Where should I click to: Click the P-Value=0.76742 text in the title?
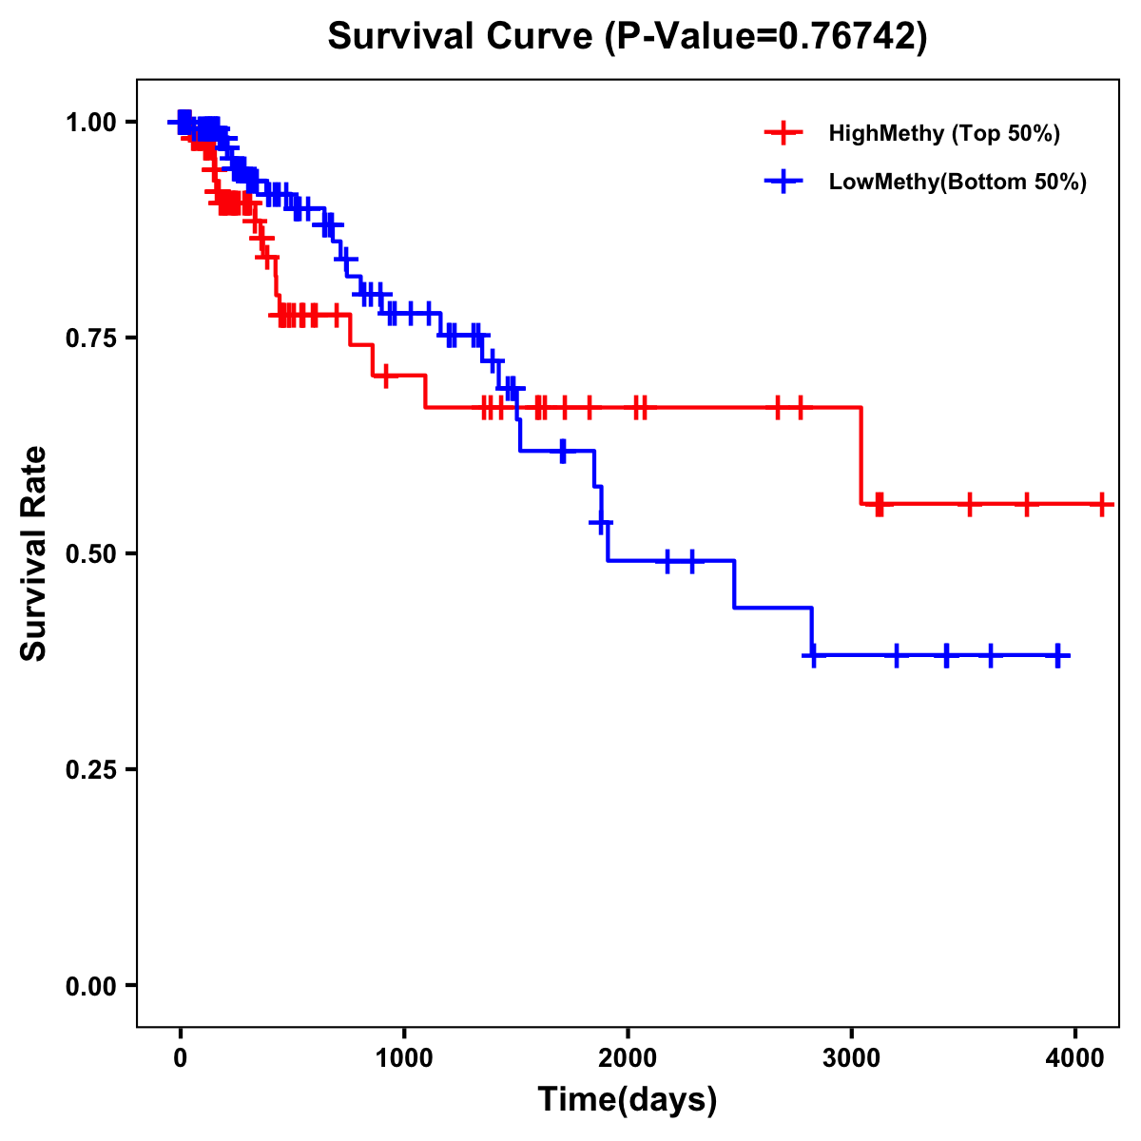pos(767,37)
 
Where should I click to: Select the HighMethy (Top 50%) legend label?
pos(943,133)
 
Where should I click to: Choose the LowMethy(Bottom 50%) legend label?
pos(957,182)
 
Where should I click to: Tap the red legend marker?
pos(783,133)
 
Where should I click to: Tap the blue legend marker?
pos(783,182)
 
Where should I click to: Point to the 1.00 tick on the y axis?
pos(93,122)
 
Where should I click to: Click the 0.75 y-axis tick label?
pos(93,338)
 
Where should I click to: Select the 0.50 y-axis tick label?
pos(93,553)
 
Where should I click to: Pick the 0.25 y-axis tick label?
pos(93,769)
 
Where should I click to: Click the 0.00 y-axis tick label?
pos(93,985)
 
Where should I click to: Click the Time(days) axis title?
pos(628,1100)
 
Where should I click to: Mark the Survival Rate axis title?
pos(34,553)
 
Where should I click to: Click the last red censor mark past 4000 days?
pos(1101,504)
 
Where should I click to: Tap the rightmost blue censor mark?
pos(1057,655)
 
